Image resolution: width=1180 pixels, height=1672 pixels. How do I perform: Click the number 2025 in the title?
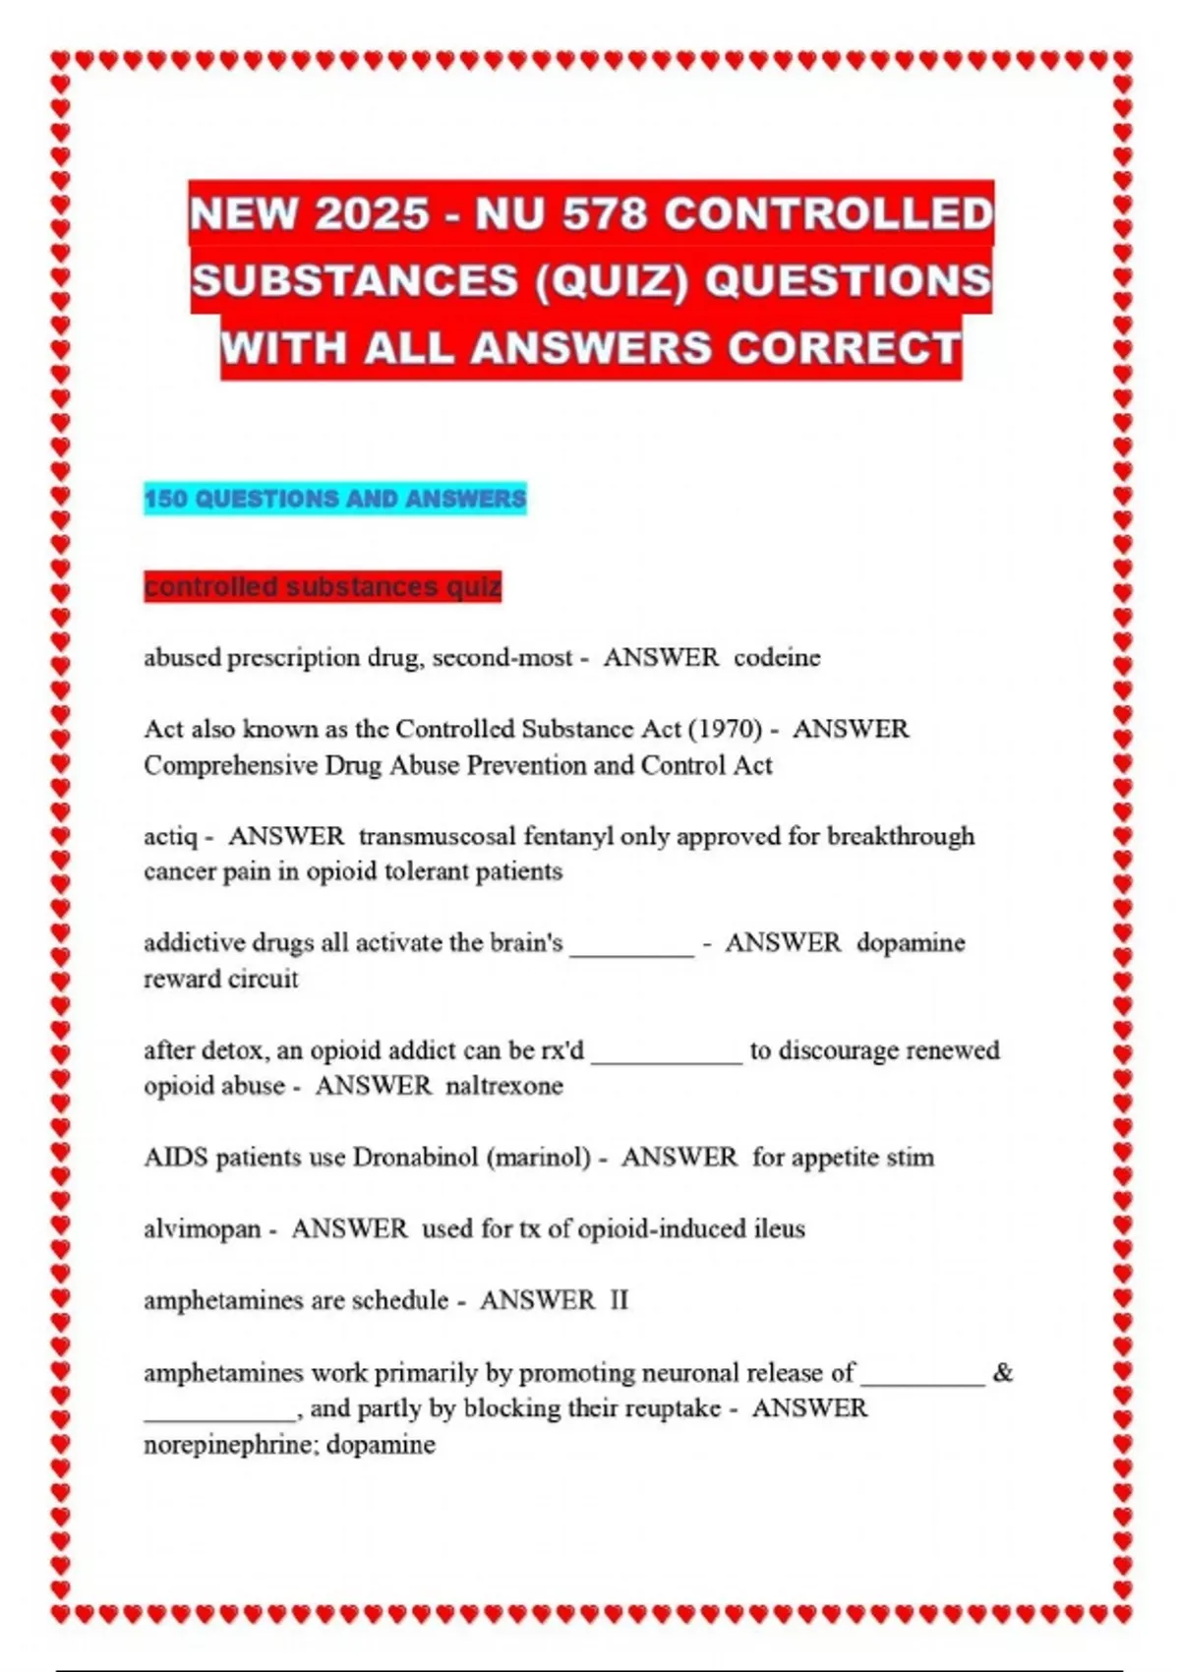(373, 214)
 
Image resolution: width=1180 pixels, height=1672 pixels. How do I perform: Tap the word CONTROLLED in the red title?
(829, 214)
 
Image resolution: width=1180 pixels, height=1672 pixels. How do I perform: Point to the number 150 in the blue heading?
(165, 499)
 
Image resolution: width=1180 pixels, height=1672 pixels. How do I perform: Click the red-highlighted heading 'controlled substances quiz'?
(323, 587)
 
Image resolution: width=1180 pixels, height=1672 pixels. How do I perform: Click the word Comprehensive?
(231, 765)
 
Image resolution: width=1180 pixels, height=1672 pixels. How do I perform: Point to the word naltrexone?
(504, 1086)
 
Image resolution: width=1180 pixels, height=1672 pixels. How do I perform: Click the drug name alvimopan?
(203, 1228)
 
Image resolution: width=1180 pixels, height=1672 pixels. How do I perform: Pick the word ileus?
(779, 1228)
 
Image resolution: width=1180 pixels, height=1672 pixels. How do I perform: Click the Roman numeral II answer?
(619, 1300)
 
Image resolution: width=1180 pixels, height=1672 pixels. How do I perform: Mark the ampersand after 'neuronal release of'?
(1003, 1372)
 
